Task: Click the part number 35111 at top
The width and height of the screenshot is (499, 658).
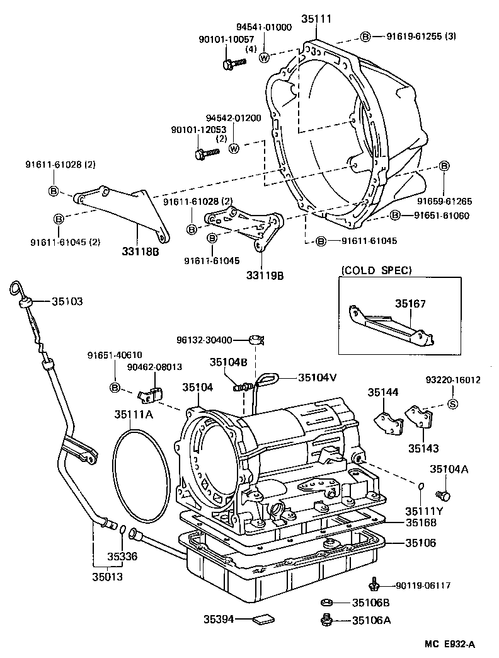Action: (316, 20)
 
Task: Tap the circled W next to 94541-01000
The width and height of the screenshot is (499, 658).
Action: (264, 57)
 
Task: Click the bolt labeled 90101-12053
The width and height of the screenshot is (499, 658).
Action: (204, 153)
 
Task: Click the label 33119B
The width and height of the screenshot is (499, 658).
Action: (261, 275)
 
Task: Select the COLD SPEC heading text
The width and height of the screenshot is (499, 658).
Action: (377, 270)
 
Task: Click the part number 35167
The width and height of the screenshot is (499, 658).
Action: (410, 304)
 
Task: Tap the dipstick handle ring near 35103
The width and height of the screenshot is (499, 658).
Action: (15, 289)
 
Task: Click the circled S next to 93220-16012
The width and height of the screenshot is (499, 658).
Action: (452, 405)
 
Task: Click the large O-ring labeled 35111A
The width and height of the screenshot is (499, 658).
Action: (142, 479)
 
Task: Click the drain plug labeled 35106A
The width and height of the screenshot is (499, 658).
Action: (326, 620)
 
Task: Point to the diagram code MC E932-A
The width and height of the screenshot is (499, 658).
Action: (448, 644)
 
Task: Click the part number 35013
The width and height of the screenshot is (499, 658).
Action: (107, 576)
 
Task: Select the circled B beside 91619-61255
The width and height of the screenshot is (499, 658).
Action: (365, 37)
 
